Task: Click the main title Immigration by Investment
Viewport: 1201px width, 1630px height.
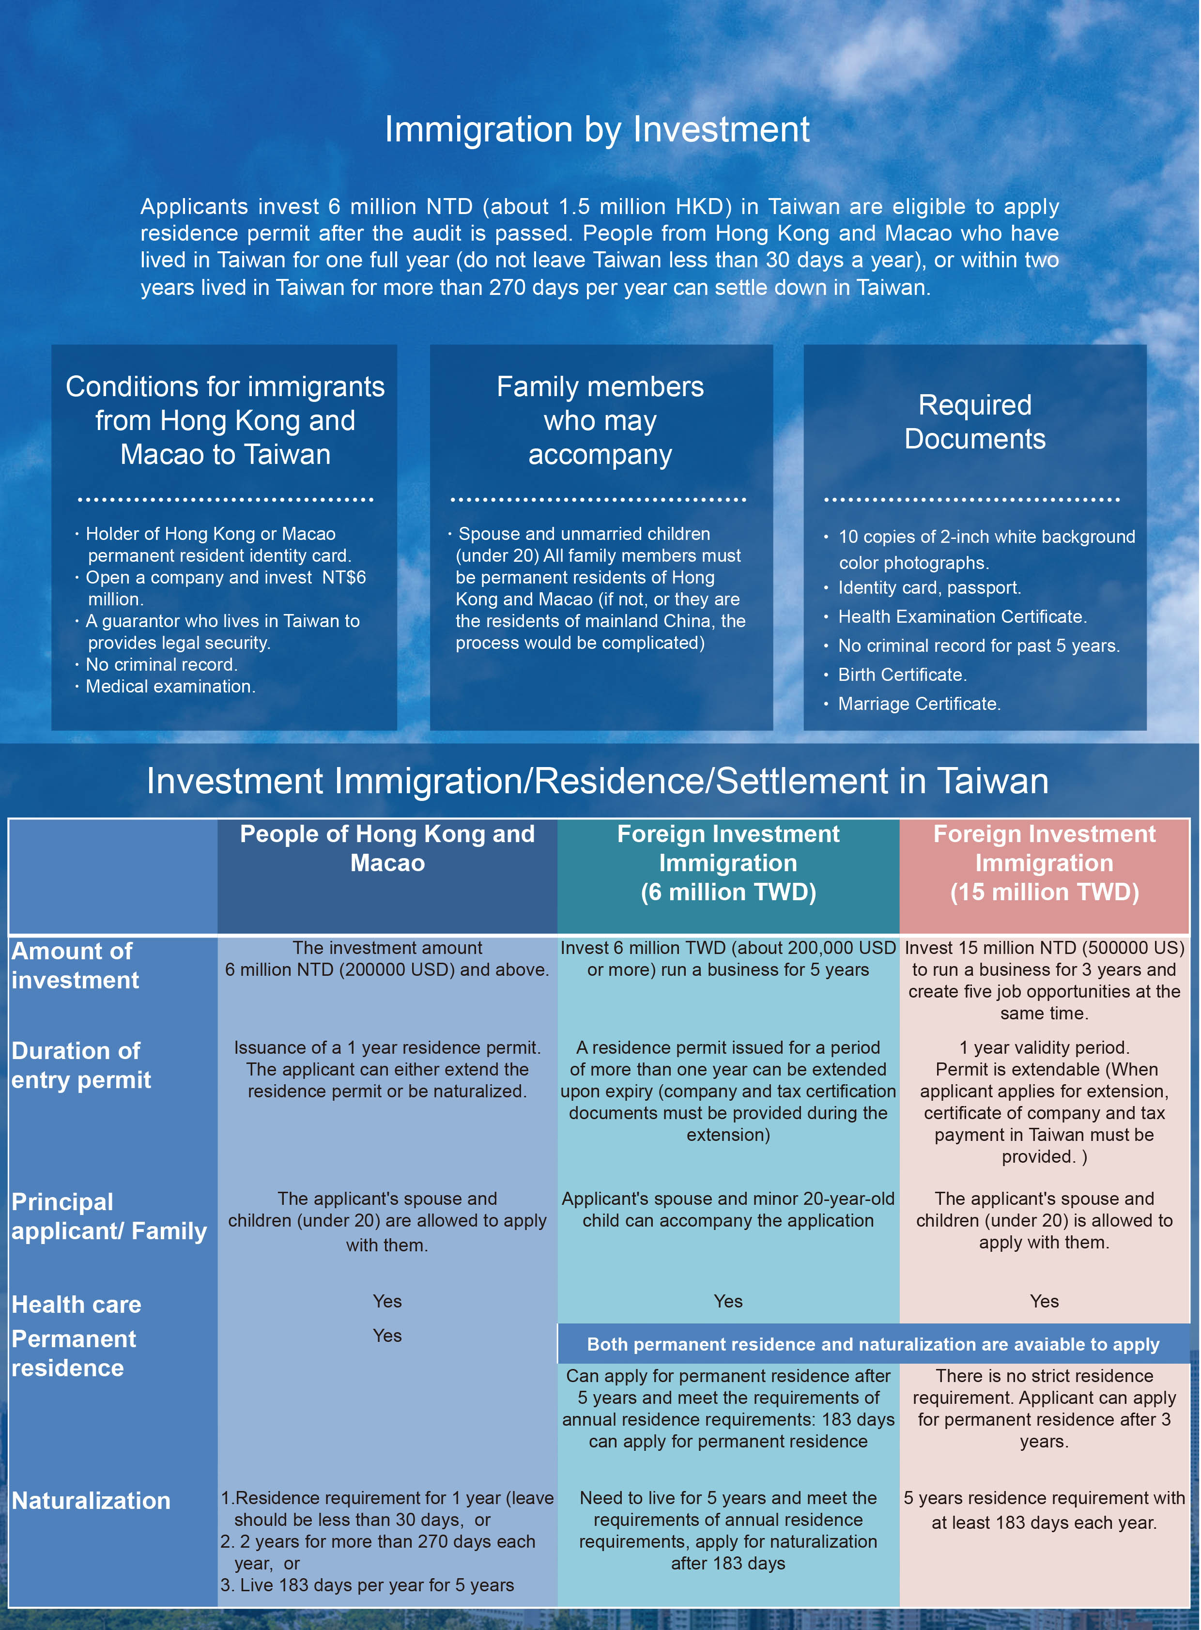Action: (x=596, y=129)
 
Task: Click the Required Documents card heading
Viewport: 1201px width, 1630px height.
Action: (x=974, y=422)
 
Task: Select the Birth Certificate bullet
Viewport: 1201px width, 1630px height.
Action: (x=902, y=675)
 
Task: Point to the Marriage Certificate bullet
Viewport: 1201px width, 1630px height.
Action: (x=919, y=704)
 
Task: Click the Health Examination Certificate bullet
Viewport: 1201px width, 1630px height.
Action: (x=962, y=616)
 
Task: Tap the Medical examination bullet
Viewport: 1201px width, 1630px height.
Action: (x=170, y=686)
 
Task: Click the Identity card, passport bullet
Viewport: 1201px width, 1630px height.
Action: (x=929, y=587)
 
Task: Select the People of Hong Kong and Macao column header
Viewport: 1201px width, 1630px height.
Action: (x=387, y=848)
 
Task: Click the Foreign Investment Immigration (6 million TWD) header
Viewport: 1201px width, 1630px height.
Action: (x=728, y=863)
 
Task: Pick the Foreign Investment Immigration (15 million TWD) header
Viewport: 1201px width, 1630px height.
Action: (x=1044, y=863)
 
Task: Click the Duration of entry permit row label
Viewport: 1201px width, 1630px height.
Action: (x=81, y=1065)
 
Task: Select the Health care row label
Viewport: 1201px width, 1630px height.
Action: (x=77, y=1304)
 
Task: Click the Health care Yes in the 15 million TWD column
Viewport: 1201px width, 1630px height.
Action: (x=1044, y=1301)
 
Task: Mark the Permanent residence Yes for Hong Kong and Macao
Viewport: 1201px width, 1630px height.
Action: (x=387, y=1336)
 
